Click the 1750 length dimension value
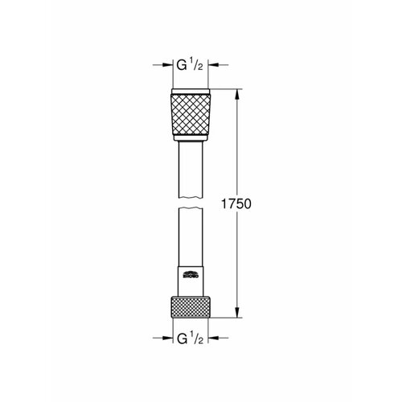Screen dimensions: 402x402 [x=236, y=203]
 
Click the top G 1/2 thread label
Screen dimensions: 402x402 [x=190, y=65]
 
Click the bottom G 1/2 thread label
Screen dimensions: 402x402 [x=190, y=338]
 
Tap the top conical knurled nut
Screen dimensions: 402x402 [x=191, y=114]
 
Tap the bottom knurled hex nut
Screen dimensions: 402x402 [x=191, y=307]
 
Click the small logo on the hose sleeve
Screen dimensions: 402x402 [x=191, y=275]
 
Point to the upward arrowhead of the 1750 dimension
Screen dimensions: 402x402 [x=237, y=95]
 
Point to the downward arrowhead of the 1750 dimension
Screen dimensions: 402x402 [x=237, y=312]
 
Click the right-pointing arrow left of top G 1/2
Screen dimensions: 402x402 [x=162, y=65]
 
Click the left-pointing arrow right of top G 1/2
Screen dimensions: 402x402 [x=218, y=65]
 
